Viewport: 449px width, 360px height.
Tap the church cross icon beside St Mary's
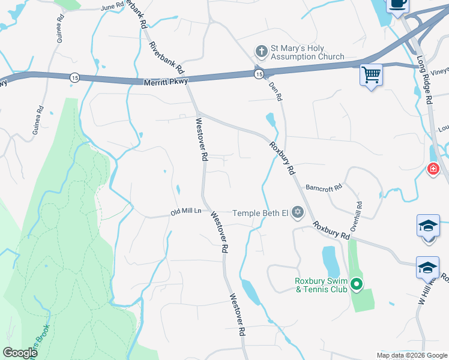(x=261, y=50)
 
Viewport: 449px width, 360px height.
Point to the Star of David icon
(x=298, y=212)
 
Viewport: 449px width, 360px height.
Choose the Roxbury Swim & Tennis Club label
(x=321, y=285)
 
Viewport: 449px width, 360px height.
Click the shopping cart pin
(x=372, y=76)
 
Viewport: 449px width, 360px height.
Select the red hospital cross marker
(x=432, y=170)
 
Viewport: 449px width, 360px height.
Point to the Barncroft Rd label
(x=323, y=187)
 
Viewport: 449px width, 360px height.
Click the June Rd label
(x=112, y=7)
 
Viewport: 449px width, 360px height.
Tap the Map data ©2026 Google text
(x=412, y=355)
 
